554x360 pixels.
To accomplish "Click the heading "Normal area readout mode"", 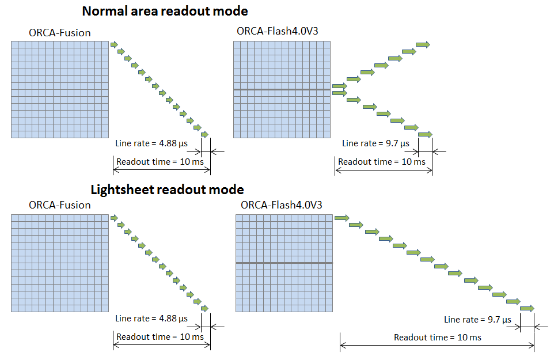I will click(x=165, y=11).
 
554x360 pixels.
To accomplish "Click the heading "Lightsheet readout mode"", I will click(x=167, y=190).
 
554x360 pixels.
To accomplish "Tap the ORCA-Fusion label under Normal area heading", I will click(x=60, y=33).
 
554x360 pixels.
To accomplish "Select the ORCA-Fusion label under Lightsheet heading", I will click(x=60, y=205).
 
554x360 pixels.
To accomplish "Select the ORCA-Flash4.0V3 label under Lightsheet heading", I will click(x=282, y=205).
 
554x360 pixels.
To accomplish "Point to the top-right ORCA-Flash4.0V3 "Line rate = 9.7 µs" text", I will click(x=375, y=143).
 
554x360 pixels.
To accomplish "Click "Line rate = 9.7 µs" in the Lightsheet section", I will click(x=477, y=320).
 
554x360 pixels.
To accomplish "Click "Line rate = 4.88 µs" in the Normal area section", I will click(x=151, y=143).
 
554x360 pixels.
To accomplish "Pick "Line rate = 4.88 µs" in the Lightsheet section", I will click(x=151, y=318).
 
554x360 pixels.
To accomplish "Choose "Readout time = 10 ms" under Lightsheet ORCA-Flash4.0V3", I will click(x=438, y=337).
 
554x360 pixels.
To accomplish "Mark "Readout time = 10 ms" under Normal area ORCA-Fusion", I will click(x=160, y=162).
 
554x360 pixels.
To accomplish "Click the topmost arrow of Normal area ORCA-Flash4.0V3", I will click(x=423, y=44).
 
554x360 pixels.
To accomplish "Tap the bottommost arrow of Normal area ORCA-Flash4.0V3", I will click(x=424, y=135).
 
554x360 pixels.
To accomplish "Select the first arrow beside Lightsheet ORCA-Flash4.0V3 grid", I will click(x=342, y=218).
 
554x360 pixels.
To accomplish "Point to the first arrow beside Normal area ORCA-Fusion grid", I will click(x=114, y=44).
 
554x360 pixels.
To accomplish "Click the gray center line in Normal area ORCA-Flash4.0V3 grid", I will click(x=282, y=90).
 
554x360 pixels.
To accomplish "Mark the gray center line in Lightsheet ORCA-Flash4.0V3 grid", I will click(x=284, y=263).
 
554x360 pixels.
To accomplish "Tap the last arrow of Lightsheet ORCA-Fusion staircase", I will click(x=204, y=309).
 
